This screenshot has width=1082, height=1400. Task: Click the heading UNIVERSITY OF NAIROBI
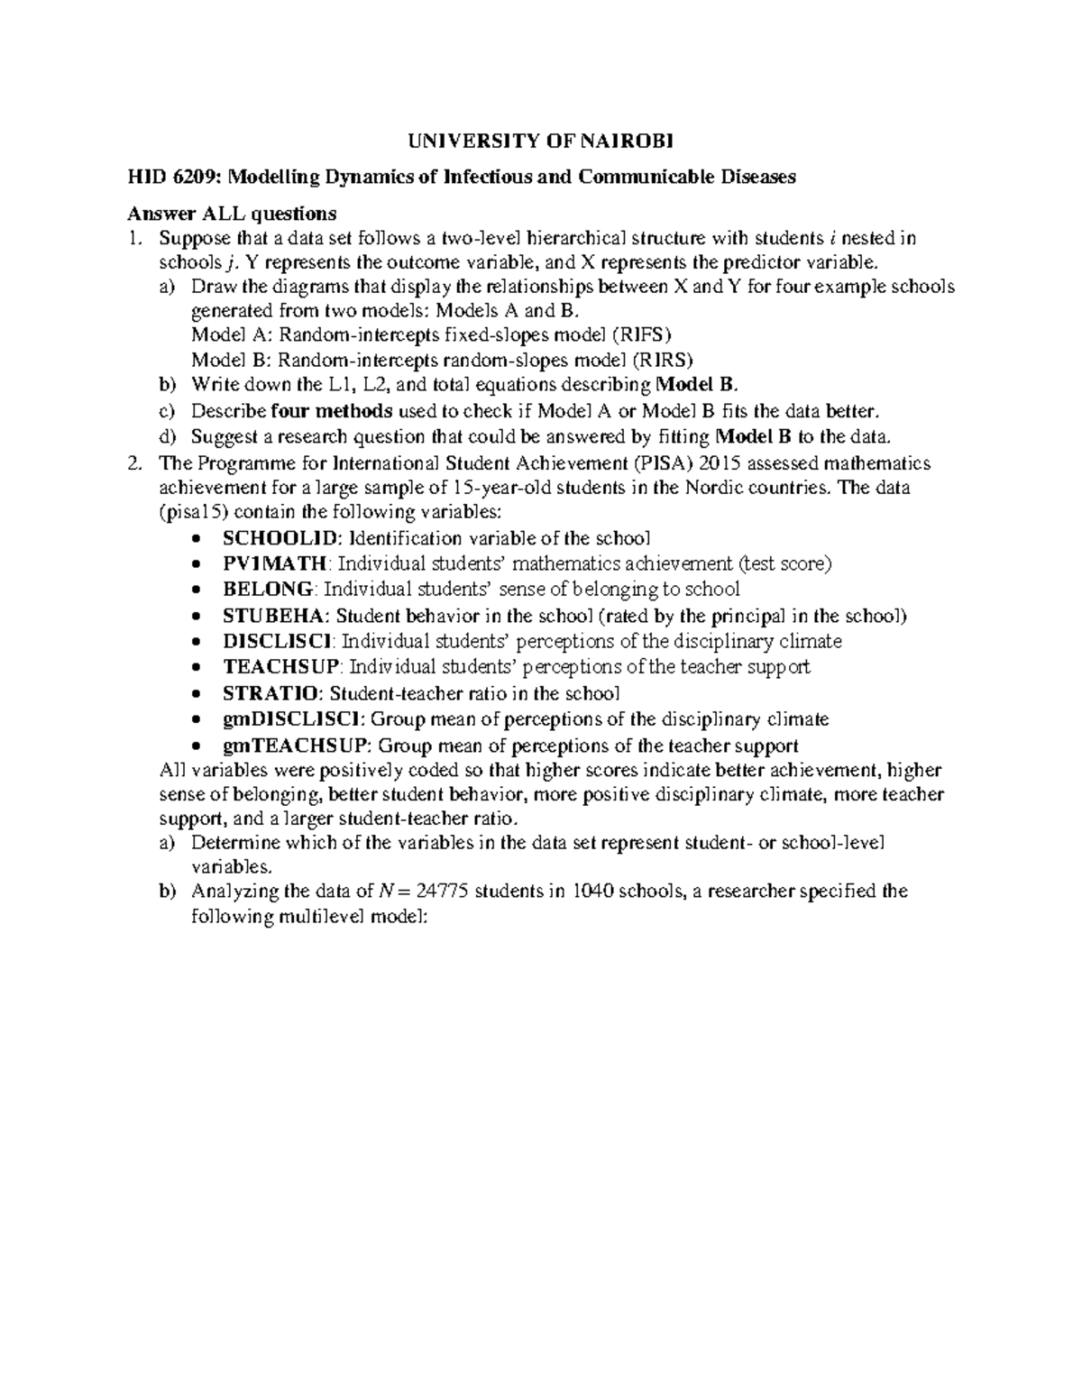(541, 141)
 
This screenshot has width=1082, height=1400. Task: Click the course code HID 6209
(166, 178)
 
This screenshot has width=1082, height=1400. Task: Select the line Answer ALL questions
(232, 214)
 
